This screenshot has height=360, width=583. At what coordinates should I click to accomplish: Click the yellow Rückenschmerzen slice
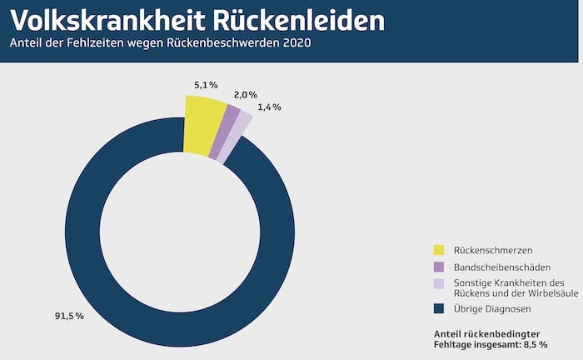click(x=203, y=125)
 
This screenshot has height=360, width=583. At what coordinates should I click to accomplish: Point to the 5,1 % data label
click(x=206, y=85)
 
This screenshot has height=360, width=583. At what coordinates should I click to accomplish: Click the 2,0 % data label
click(x=246, y=95)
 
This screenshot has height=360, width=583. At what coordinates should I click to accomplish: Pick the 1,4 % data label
click(x=270, y=107)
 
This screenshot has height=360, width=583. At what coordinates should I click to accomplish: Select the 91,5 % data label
click(x=69, y=317)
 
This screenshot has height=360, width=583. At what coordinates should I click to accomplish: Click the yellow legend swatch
click(x=439, y=250)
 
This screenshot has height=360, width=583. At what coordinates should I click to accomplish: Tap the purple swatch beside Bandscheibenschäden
click(x=439, y=267)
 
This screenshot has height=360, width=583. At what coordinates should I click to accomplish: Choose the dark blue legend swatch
click(x=439, y=309)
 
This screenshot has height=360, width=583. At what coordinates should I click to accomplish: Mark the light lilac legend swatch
click(x=439, y=283)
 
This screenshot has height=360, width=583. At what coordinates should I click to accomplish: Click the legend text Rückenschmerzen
click(x=493, y=250)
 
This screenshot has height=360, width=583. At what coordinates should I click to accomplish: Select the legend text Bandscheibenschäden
click(x=502, y=267)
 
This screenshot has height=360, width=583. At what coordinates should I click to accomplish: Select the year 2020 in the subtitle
click(x=296, y=42)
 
